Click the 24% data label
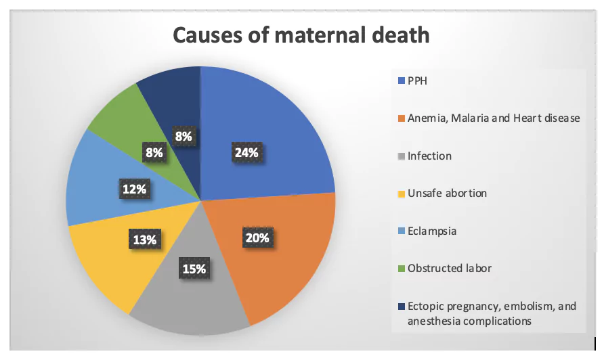pos(246,153)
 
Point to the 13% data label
pos(144,239)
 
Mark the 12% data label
pos(134,189)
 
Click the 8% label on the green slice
pos(154,153)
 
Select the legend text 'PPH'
pos(417,81)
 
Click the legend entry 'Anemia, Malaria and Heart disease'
pos(493,118)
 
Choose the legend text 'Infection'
pos(429,156)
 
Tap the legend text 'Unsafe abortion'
pos(446,194)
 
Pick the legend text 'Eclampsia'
pos(431,231)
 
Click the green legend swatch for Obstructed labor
pos(401,269)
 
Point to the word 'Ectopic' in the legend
pos(424,306)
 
